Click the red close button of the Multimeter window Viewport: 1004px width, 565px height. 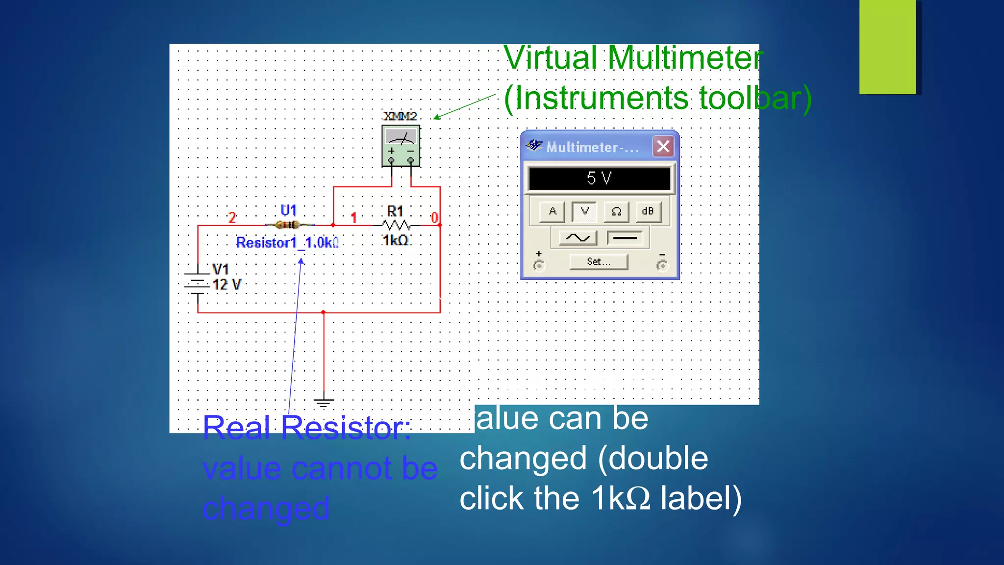(663, 147)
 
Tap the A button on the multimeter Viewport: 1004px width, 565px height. (552, 211)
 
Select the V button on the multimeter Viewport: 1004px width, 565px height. (584, 211)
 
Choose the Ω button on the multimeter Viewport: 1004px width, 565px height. (616, 211)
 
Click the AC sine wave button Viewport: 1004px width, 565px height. (578, 238)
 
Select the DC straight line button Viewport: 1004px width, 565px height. (625, 238)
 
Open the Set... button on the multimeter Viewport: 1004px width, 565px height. (599, 262)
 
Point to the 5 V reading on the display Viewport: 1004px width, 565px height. (599, 178)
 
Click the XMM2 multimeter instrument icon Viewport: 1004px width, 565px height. (401, 146)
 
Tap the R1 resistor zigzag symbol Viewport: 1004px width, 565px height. (396, 225)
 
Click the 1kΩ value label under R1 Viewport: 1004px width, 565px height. (395, 240)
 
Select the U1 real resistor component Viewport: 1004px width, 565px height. (288, 225)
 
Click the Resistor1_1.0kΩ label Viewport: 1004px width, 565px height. (287, 242)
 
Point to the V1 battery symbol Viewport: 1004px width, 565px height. (197, 284)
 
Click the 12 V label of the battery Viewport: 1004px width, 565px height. (226, 285)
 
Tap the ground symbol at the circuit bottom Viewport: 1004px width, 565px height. (324, 403)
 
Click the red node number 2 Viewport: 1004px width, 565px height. (232, 217)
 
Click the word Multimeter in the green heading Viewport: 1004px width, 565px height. (685, 58)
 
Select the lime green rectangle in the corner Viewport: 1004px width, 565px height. (887, 47)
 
